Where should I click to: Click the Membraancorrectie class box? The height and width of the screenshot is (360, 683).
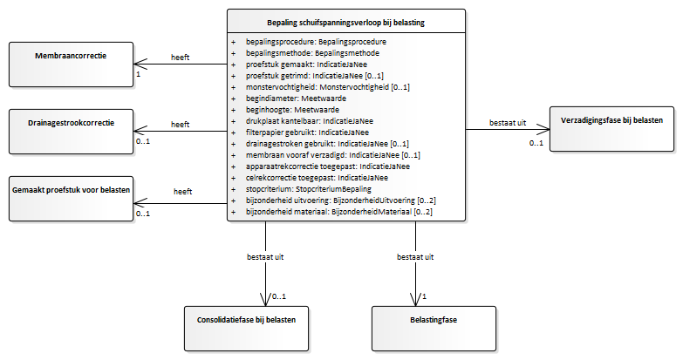pos(71,65)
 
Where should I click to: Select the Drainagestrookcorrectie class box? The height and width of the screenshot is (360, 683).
pos(71,132)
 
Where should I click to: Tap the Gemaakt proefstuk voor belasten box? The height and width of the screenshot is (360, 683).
pos(71,199)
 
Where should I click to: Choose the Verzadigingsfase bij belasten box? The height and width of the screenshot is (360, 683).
pos(611,129)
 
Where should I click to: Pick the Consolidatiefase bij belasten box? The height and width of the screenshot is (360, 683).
pos(246,329)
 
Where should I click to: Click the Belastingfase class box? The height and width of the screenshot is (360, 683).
pos(434,329)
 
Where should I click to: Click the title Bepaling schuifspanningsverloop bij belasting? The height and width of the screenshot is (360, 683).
pos(345,23)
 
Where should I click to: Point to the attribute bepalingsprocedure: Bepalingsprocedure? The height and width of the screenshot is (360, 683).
pos(316,42)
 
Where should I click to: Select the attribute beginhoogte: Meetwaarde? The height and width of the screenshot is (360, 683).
pos(292,110)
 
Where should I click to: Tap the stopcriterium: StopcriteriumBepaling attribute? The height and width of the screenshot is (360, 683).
pos(309,189)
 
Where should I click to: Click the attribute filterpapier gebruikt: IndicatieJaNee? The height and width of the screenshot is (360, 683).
pos(307,132)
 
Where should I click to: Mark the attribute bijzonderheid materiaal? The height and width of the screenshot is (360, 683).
pos(339,212)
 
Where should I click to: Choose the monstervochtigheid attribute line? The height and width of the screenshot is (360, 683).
pos(328,87)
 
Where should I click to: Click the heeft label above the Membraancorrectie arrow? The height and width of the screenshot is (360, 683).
pos(181,58)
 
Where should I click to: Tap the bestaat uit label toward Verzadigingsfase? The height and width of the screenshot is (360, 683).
pos(508,123)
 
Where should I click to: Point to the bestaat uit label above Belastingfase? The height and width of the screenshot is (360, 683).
pos(415,257)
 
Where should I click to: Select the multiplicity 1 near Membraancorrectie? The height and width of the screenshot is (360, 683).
pos(139,74)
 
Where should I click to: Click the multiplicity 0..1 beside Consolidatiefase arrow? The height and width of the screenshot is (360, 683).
pos(279,296)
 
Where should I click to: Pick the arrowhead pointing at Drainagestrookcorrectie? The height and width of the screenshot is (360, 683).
pos(140,131)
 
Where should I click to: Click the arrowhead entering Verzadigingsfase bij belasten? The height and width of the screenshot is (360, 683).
pos(543,129)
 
